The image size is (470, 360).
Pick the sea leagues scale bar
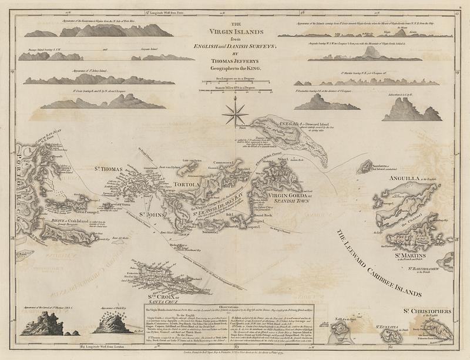(234, 82)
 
